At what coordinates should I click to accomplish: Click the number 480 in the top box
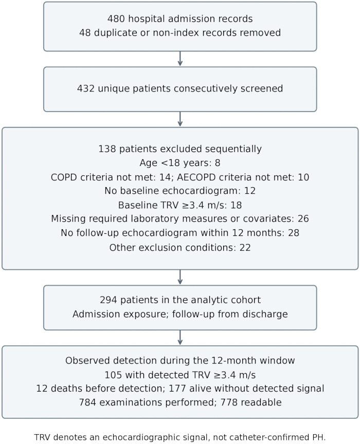[116, 19]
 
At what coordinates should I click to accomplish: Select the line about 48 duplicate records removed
[180, 33]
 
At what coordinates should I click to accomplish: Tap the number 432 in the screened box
[85, 88]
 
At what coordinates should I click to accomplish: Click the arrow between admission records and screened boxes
[180, 59]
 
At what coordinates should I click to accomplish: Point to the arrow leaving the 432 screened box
[180, 119]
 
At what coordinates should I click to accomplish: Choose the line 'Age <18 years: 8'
[180, 163]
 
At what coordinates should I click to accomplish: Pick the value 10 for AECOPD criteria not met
[303, 177]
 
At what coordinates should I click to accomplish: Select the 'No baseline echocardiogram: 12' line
[180, 191]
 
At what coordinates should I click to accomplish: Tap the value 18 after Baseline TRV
[236, 205]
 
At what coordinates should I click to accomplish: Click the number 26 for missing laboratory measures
[303, 219]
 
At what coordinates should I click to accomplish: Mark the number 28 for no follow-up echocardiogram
[293, 233]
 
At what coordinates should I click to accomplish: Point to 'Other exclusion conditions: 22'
[180, 248]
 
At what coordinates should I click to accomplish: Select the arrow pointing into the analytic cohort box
[180, 277]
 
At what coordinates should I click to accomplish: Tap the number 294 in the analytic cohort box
[109, 300]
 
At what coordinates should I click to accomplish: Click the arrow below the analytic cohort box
[180, 338]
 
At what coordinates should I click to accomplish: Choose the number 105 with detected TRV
[113, 375]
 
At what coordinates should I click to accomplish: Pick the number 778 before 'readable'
[229, 403]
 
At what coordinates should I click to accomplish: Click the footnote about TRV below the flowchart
[180, 437]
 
